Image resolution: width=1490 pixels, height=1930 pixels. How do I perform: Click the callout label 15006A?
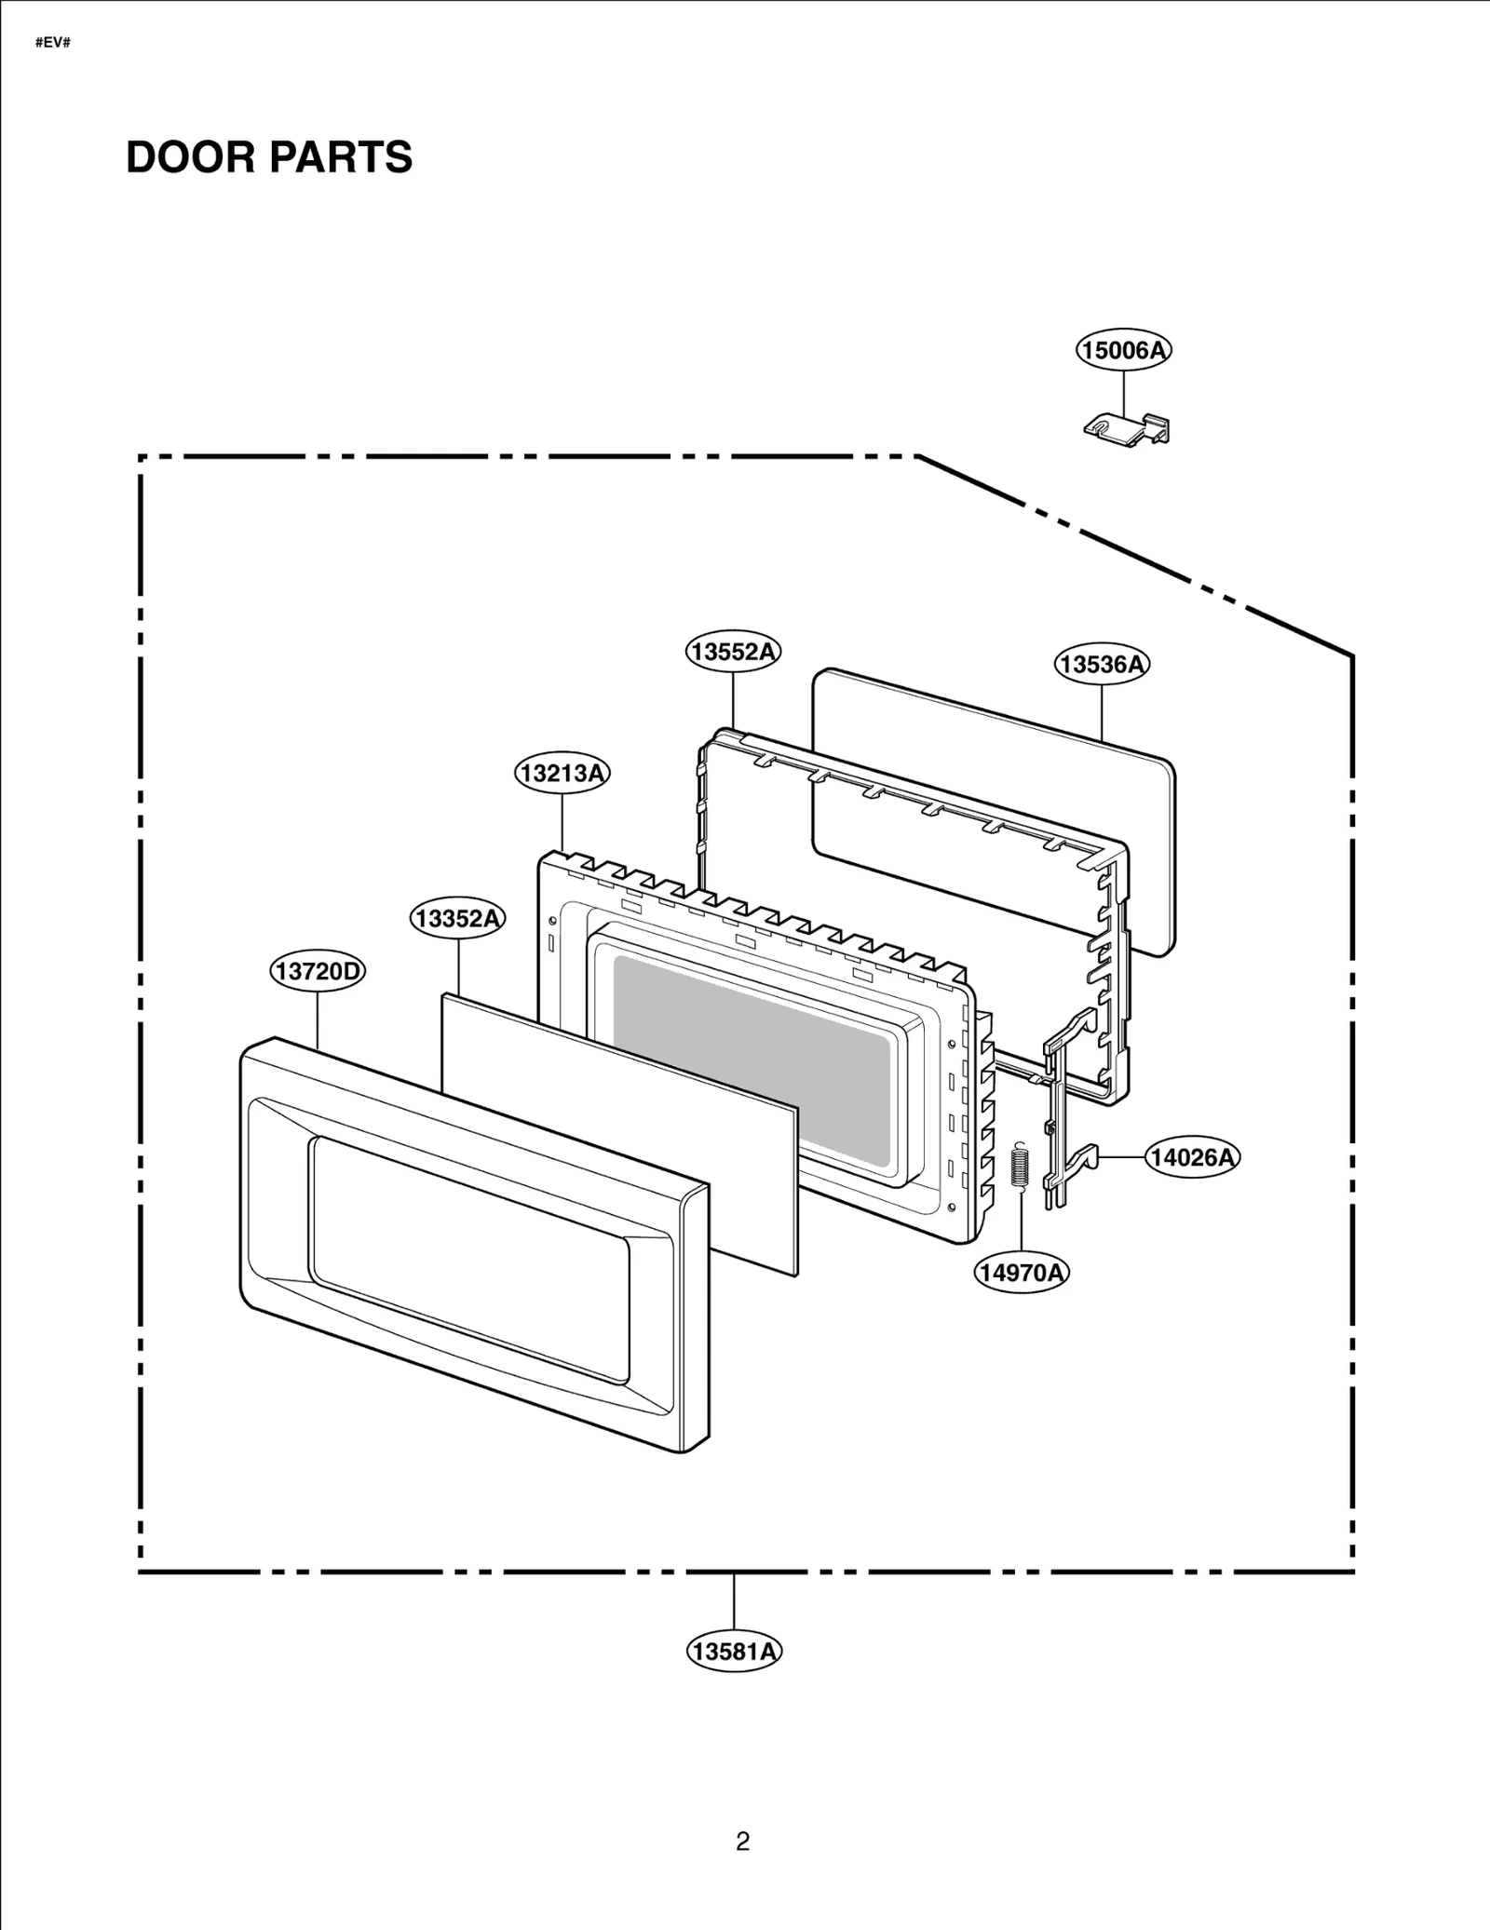pos(1123,350)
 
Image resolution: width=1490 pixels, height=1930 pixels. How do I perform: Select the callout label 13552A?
pos(733,652)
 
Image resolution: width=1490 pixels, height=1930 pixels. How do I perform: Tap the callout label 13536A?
pos(1102,664)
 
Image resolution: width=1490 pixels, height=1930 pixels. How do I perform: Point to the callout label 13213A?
pos(562,773)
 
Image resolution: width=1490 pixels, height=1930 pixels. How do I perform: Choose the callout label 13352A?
pos(457,919)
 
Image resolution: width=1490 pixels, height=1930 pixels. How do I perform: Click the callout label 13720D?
pos(318,972)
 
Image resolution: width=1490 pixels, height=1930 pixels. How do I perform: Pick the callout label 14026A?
pos(1191,1157)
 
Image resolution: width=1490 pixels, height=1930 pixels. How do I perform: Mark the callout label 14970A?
pos(1022,1273)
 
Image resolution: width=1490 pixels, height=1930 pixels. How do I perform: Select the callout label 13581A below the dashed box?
pos(734,1652)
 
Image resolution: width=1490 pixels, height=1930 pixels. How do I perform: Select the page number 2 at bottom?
pos(742,1842)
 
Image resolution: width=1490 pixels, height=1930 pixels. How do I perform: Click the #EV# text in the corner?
pos(53,44)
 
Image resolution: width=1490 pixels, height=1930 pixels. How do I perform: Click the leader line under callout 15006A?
pos(1123,392)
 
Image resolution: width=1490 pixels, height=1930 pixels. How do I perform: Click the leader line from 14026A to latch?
pos(1122,1157)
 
